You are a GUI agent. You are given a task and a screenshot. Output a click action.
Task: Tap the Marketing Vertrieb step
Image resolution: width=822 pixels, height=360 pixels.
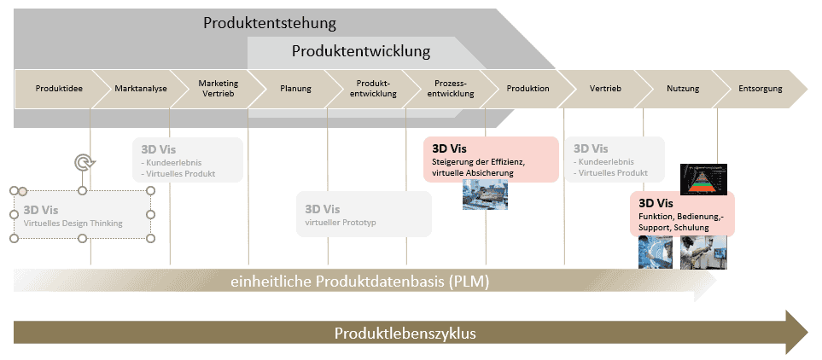[218, 89]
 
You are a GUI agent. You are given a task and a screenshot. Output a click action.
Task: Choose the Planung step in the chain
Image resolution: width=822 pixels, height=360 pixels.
[295, 89]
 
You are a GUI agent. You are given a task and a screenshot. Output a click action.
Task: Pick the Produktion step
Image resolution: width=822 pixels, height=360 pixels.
[528, 89]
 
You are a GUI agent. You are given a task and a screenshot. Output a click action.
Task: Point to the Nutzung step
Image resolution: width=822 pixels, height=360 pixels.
[683, 89]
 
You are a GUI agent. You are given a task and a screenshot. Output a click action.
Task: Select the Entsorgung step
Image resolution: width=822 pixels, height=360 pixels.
[760, 89]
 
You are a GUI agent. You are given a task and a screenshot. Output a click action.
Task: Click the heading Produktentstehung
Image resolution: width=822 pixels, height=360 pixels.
[270, 23]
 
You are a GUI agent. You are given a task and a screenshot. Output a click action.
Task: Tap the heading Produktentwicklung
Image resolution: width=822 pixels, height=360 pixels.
[361, 52]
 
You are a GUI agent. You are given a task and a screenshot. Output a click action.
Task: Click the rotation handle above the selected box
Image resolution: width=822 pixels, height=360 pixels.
[83, 161]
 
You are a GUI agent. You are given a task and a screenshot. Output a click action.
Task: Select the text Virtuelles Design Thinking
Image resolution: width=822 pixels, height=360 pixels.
[73, 224]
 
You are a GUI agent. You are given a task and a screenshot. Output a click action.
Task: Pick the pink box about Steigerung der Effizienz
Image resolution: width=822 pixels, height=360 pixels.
[490, 159]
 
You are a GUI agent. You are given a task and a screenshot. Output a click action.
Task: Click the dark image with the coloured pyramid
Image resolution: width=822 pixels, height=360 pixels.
[702, 178]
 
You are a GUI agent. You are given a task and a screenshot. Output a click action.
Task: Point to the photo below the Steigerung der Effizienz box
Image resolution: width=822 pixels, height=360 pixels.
[484, 196]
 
